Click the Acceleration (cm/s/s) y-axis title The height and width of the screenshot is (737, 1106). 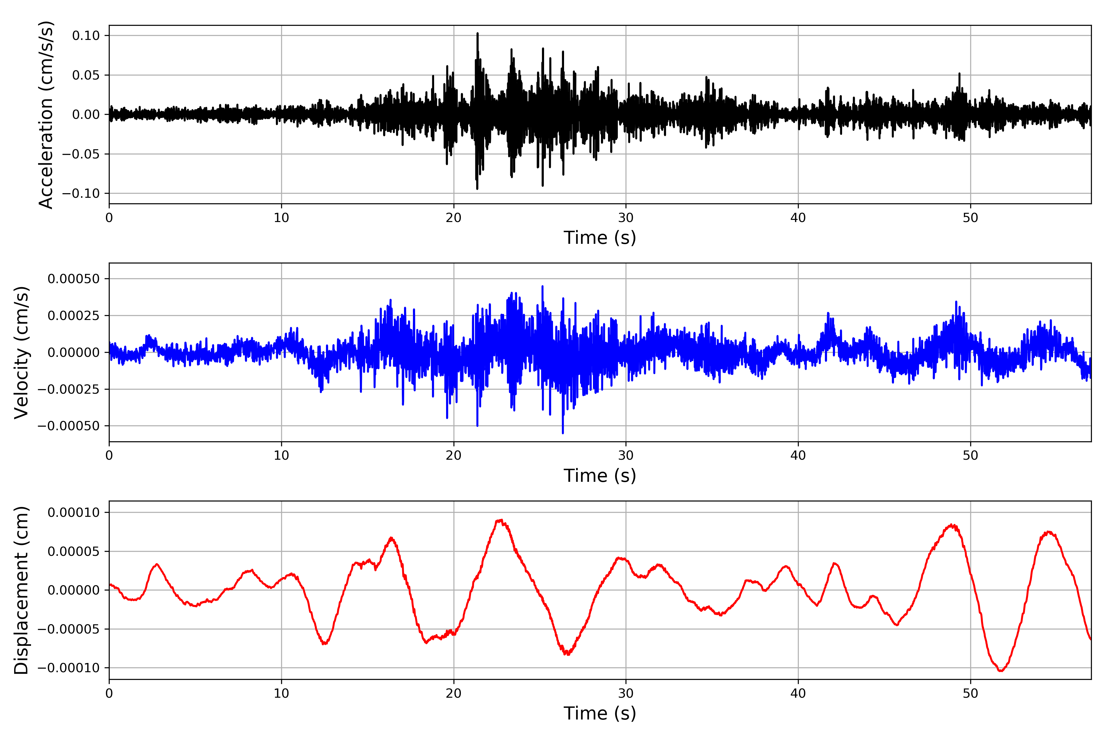click(x=45, y=114)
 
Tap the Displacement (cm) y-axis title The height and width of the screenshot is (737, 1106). click(x=21, y=590)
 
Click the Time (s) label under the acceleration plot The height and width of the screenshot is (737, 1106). click(x=600, y=238)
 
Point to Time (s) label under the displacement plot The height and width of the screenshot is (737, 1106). click(x=600, y=713)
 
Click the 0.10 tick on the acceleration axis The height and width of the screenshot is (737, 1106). click(x=86, y=36)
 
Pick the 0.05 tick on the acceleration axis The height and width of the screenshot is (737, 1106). click(x=86, y=75)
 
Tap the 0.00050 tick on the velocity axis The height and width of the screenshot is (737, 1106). click(x=74, y=279)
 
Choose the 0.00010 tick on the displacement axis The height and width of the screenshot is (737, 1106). click(x=74, y=512)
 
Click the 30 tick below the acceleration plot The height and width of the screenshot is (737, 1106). click(x=626, y=218)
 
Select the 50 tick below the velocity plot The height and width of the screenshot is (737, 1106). click(x=970, y=455)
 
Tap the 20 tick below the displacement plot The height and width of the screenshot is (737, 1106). click(x=454, y=693)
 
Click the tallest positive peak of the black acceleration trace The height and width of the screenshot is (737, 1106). click(x=477, y=33)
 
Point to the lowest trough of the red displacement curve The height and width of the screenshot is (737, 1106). click(x=1001, y=671)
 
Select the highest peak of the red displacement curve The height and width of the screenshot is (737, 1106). click(x=500, y=520)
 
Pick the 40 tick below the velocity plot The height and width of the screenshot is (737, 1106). click(x=798, y=455)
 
